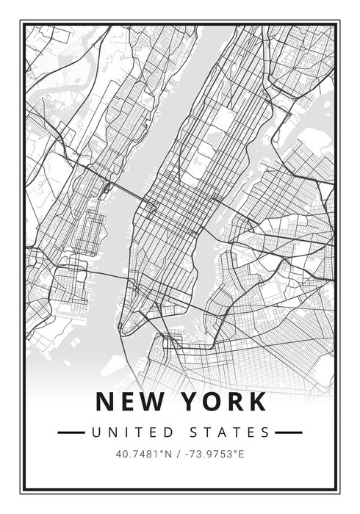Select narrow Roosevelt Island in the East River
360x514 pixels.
click(248, 176)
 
